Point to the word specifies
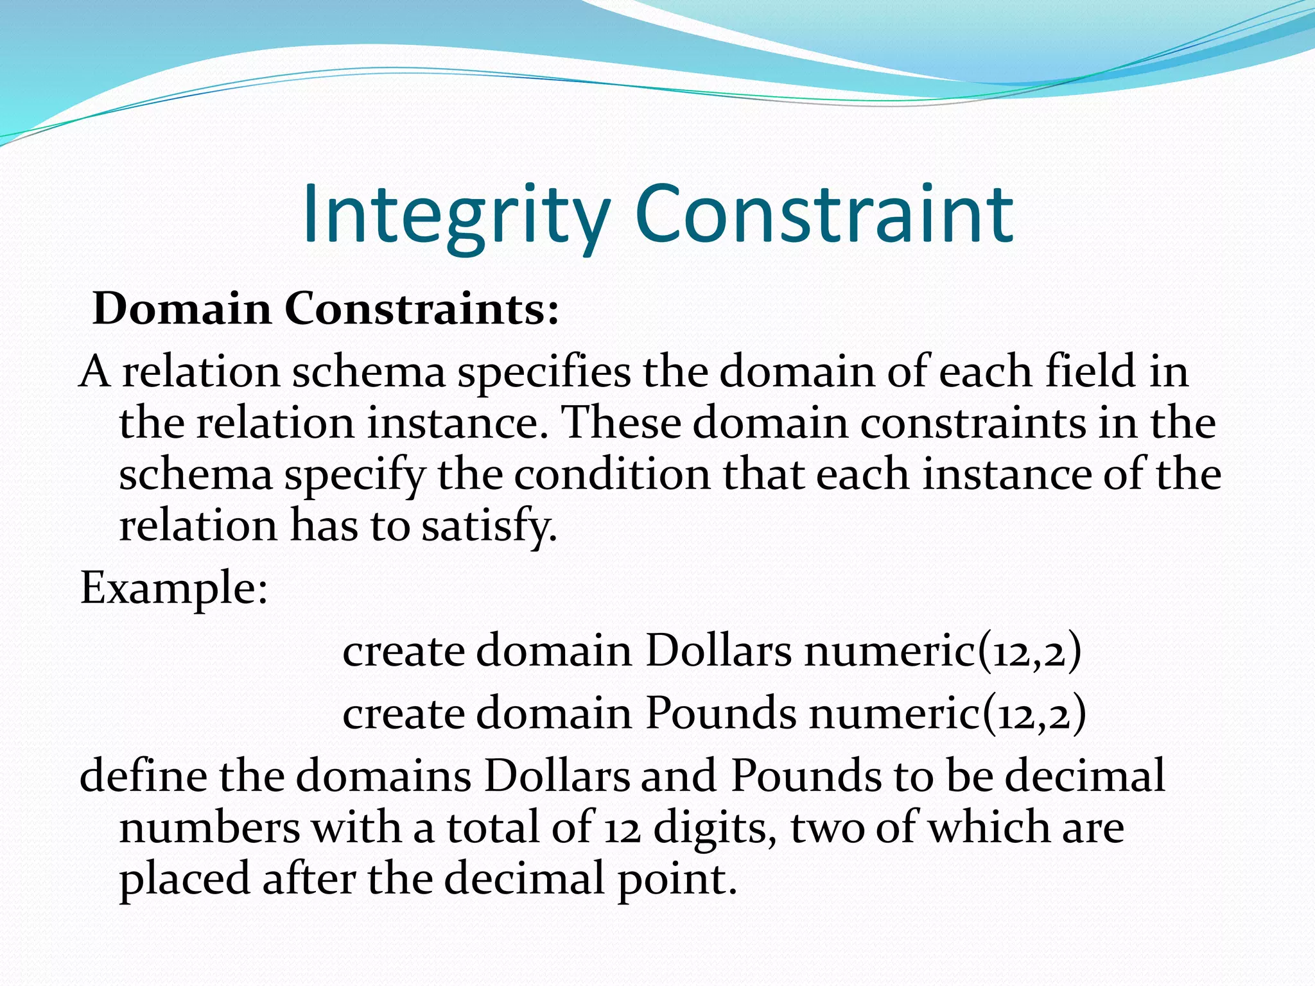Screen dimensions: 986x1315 pyautogui.click(x=543, y=372)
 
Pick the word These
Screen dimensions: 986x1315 pyautogui.click(x=620, y=423)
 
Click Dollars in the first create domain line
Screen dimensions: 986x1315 pyautogui.click(x=718, y=652)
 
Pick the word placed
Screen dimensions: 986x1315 pyautogui.click(x=184, y=879)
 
